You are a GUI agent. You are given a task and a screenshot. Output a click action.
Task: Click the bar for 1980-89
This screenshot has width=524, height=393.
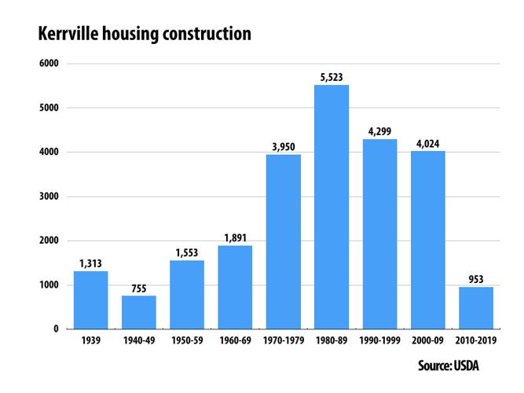click(x=332, y=207)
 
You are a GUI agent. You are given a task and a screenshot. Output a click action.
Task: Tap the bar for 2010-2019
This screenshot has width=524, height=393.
click(x=476, y=307)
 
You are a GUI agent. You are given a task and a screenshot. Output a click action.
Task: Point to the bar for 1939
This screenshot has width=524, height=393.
click(x=90, y=299)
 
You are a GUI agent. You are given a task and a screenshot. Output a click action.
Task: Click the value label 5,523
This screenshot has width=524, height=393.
click(x=332, y=77)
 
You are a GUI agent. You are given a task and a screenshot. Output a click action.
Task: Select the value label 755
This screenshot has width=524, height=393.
click(x=138, y=288)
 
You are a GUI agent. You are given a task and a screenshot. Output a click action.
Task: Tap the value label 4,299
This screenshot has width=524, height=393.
click(x=379, y=131)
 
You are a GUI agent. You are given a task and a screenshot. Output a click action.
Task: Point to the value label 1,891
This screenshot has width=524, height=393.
click(x=235, y=237)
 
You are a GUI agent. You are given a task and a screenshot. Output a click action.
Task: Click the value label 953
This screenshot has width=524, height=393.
click(x=476, y=279)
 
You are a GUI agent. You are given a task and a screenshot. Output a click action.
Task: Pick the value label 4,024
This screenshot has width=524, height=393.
click(x=428, y=143)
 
